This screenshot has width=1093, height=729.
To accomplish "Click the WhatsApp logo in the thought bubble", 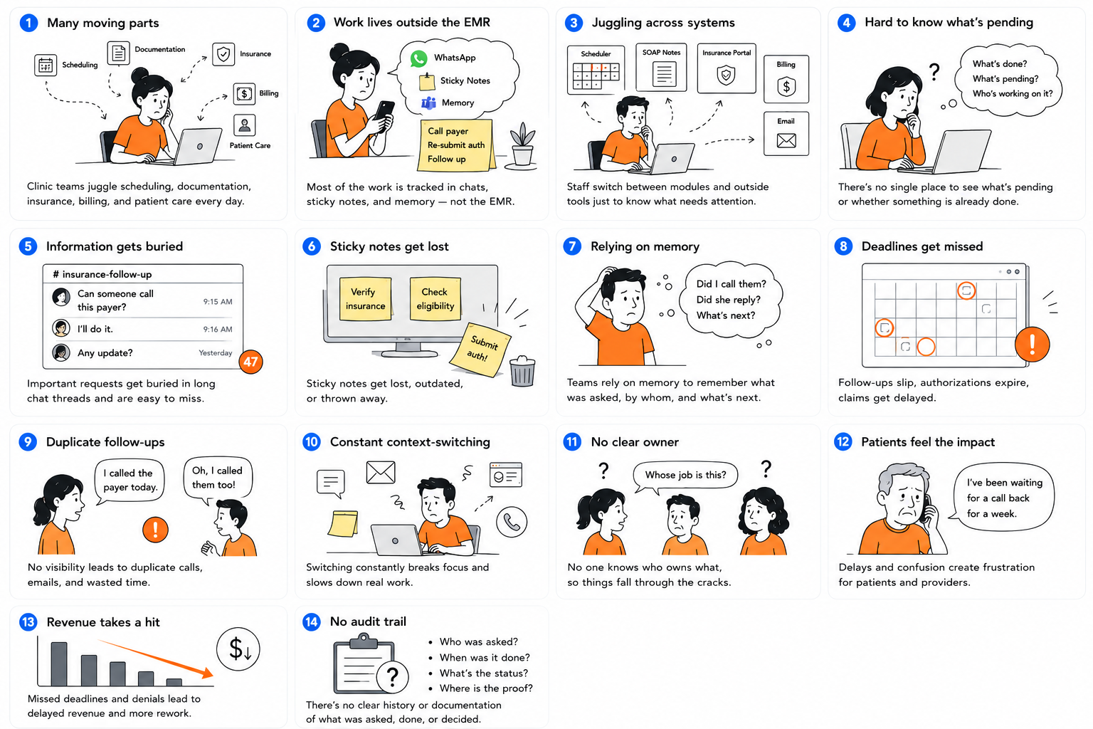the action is (418, 58).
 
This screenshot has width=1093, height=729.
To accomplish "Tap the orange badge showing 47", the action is (250, 362).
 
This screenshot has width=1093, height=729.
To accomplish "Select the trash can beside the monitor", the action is (522, 372).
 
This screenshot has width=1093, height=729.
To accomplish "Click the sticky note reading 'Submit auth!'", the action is (480, 349).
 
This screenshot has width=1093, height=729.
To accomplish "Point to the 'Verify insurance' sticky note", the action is (365, 299).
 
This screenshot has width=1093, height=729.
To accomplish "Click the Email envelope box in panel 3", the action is (786, 134).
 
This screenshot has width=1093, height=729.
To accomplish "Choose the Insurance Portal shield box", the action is (727, 68).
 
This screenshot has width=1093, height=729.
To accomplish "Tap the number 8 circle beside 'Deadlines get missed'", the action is (844, 246).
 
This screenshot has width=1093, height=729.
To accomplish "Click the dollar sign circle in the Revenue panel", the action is (238, 649).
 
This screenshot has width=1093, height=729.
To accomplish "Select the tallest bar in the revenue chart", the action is (59, 664).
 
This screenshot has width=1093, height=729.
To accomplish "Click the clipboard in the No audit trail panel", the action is (364, 663).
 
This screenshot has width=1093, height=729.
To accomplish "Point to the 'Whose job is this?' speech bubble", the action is (685, 476).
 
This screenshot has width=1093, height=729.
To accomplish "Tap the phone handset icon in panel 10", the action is (512, 522).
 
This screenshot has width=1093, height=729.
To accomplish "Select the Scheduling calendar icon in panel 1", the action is (46, 65).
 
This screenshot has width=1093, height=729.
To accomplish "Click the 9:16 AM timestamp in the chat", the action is (218, 330).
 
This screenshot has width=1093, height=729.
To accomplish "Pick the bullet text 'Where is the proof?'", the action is (485, 688).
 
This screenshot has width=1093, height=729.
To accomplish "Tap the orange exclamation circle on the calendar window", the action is (1032, 345).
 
